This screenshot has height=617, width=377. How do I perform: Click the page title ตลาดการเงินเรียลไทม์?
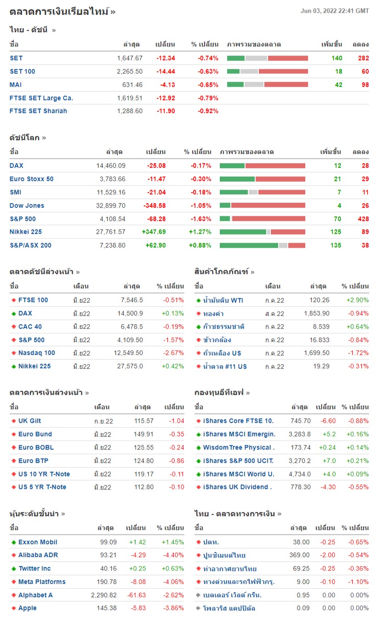[59, 11]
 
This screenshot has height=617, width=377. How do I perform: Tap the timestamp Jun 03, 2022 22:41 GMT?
[334, 11]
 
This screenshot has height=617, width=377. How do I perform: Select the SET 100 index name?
[22, 71]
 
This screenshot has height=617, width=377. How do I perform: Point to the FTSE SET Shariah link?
[38, 111]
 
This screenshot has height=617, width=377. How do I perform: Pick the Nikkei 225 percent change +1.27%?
[200, 232]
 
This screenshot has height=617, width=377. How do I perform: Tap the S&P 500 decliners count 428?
[363, 219]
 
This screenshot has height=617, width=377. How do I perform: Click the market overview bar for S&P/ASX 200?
[262, 245]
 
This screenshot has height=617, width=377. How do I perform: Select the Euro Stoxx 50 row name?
[31, 179]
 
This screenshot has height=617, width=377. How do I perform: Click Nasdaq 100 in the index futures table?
[36, 353]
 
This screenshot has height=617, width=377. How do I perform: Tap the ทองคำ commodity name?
[213, 314]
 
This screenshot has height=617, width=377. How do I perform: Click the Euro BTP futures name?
[33, 461]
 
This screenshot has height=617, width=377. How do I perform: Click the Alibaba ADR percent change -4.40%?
[174, 555]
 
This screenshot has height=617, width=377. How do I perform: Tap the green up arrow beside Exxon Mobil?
[14, 542]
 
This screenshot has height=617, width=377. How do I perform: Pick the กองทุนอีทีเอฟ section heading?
[220, 393]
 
